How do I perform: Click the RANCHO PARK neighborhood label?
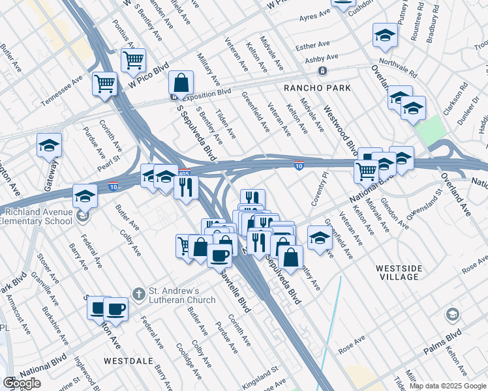(x=317, y=87)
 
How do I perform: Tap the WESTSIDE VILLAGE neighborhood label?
(x=399, y=272)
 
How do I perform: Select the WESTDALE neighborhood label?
(x=128, y=360)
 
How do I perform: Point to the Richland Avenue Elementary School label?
(x=36, y=216)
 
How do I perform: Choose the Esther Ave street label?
(x=313, y=46)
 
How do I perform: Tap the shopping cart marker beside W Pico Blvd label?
(x=133, y=60)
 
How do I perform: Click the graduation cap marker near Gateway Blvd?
(x=49, y=145)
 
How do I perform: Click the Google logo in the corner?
(x=22, y=384)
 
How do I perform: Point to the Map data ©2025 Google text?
(x=447, y=386)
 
